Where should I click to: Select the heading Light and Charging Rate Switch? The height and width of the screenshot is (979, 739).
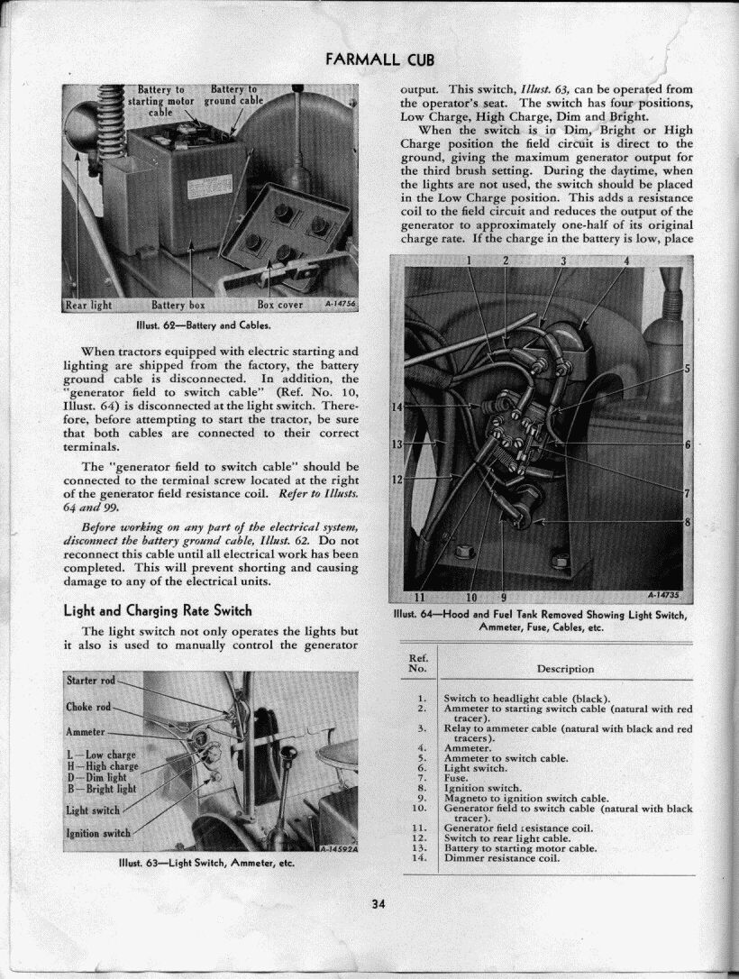(x=158, y=610)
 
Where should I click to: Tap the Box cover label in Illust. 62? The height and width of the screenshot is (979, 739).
(x=280, y=305)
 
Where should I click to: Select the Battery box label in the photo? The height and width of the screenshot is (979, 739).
(x=178, y=305)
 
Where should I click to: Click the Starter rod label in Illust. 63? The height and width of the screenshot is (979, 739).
(x=91, y=679)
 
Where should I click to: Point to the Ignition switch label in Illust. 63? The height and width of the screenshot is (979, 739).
(x=98, y=832)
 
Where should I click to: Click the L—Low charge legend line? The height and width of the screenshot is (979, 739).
(x=101, y=755)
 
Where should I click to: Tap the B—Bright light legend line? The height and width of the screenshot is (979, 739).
(x=102, y=788)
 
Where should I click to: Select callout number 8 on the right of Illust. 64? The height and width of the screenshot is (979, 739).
(x=687, y=522)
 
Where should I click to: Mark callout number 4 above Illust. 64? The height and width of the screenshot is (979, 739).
(x=625, y=261)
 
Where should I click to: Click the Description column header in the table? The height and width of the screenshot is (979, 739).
(x=565, y=669)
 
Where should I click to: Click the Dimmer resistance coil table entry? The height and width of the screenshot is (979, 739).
(x=502, y=857)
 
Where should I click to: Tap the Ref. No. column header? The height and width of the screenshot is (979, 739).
(x=416, y=663)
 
